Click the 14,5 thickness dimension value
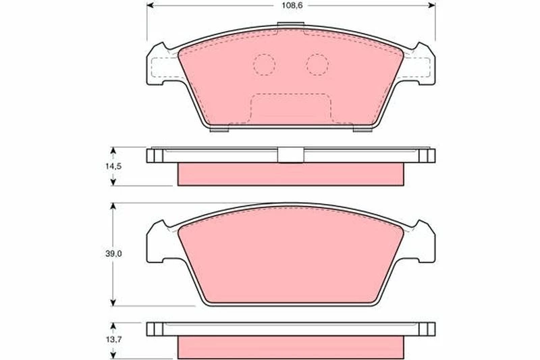point(113,166)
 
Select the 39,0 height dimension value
point(113,254)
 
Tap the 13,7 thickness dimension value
point(113,340)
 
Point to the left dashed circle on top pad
point(264,65)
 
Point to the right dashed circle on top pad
point(317,65)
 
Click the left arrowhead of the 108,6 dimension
point(151,5)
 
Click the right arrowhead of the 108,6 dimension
point(432,5)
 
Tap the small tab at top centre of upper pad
point(291,25)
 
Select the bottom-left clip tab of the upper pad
point(219,130)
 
